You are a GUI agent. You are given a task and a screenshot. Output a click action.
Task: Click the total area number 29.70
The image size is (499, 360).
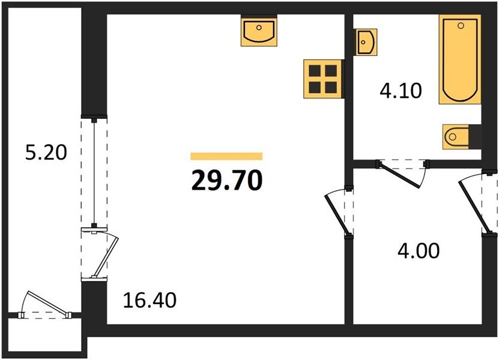[227, 179]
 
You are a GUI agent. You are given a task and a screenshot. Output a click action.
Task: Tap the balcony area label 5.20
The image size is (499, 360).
[46, 152]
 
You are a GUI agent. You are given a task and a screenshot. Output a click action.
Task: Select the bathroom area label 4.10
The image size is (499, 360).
[401, 91]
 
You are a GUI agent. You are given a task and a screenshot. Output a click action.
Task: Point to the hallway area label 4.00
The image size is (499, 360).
[419, 250]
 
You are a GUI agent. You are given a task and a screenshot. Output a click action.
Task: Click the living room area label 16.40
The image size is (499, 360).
[150, 300]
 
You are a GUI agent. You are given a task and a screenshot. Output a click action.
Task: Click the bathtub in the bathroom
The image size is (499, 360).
[460, 59]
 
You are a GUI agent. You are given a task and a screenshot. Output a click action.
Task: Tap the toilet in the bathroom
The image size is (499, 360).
[456, 137]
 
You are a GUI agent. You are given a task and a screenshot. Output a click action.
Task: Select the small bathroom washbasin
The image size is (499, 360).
[366, 42]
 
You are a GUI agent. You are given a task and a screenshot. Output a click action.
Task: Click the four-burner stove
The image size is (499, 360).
[322, 79]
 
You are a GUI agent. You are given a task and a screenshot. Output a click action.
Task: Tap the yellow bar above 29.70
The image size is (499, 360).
[226, 156]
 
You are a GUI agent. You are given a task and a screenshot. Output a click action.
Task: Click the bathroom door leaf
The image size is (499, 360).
[399, 175]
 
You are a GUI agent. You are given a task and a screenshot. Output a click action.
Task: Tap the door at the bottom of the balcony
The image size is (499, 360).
[47, 304]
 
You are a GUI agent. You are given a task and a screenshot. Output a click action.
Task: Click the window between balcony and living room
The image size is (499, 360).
[94, 172]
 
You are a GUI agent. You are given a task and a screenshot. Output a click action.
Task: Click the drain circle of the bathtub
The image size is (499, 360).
[461, 25]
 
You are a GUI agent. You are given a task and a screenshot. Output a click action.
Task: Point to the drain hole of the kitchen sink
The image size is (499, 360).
[259, 28]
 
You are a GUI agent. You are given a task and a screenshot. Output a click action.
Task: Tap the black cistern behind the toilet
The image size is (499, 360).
[474, 136]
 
